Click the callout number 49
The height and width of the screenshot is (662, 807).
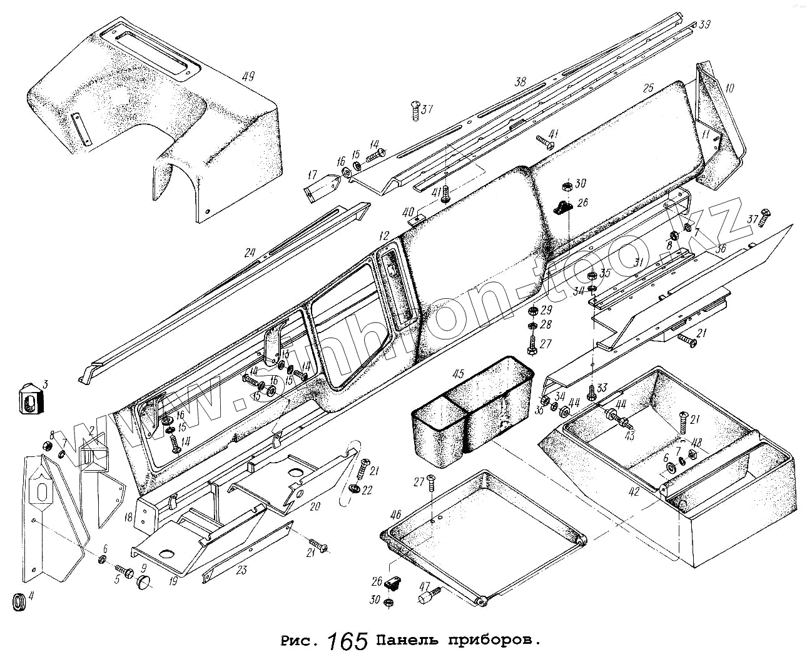point(248,77)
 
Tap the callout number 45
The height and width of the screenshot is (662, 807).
point(458,374)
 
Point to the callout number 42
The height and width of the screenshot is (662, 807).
point(634,491)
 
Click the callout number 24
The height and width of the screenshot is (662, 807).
point(250,253)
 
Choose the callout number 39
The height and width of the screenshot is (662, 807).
point(705,24)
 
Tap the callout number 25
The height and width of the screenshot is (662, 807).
point(647,88)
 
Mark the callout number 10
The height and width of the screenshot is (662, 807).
point(729,89)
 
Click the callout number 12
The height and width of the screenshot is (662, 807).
point(383,236)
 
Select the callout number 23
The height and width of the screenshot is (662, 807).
point(241,569)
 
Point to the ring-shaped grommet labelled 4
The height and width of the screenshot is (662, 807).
point(21,603)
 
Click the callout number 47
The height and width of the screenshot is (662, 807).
point(425,587)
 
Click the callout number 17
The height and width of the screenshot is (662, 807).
point(312,175)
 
